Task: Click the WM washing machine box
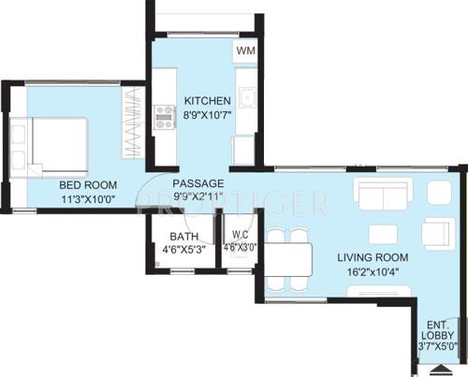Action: click(x=245, y=51)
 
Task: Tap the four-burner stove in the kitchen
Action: click(x=166, y=116)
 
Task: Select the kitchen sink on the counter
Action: click(x=248, y=97)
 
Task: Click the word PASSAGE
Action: click(x=197, y=183)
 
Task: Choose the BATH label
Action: click(x=183, y=237)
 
